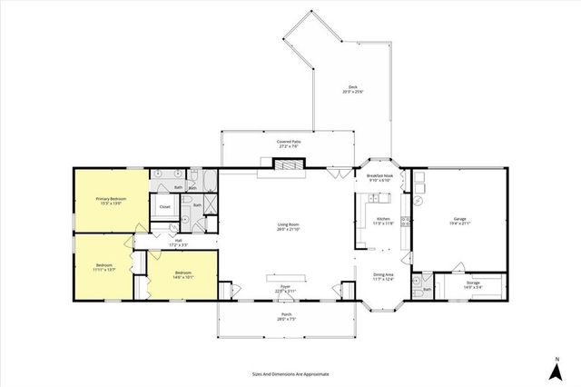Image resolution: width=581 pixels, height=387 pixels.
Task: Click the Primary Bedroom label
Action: tap(111, 199)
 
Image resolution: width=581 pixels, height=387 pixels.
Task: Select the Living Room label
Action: tap(288, 226)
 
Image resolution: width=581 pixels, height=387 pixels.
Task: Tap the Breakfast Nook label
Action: tap(379, 177)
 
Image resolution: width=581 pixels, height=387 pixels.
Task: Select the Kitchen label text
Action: tap(382, 221)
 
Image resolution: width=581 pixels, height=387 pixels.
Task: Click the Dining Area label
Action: tap(383, 276)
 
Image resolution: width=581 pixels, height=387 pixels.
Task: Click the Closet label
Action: tap(164, 206)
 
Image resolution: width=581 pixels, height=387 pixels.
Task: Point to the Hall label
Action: tap(178, 242)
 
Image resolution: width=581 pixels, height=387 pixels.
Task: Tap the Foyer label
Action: tap(285, 288)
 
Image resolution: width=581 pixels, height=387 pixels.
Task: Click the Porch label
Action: tap(285, 318)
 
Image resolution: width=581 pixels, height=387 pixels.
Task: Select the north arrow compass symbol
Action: tap(555, 368)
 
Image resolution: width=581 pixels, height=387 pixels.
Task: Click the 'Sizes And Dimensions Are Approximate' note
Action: tap(290, 373)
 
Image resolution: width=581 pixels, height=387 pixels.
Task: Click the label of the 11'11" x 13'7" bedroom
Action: tap(104, 267)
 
